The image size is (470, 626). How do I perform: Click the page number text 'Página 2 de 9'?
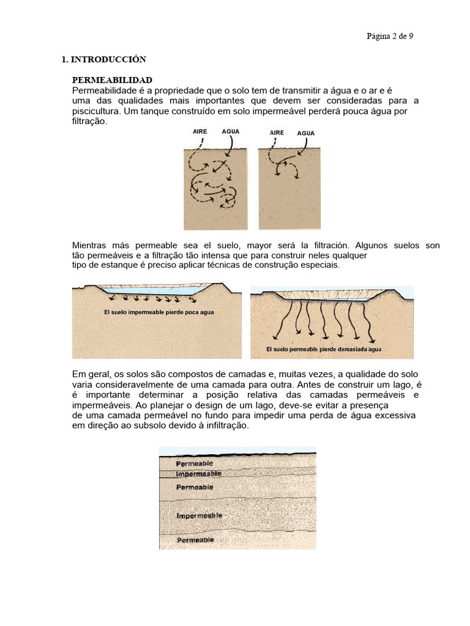point(390,36)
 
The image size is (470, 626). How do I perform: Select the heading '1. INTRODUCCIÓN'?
point(103,59)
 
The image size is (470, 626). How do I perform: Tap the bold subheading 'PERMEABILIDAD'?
point(112,80)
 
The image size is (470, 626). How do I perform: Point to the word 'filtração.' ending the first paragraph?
point(89,121)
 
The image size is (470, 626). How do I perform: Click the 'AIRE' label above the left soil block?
point(200,131)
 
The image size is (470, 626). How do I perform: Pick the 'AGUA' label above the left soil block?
point(231,131)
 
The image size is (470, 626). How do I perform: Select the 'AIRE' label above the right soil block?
point(277,132)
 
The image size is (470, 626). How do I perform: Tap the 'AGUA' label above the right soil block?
point(306,133)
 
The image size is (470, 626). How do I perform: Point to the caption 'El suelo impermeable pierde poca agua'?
point(159,312)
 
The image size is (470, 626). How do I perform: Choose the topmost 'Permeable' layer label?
point(195,464)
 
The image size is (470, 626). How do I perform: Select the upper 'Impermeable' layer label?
point(198,474)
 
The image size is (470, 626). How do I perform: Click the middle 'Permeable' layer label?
point(195,487)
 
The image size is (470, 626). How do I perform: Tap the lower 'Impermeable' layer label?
point(199,516)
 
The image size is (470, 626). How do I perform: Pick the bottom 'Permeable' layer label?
point(195,540)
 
